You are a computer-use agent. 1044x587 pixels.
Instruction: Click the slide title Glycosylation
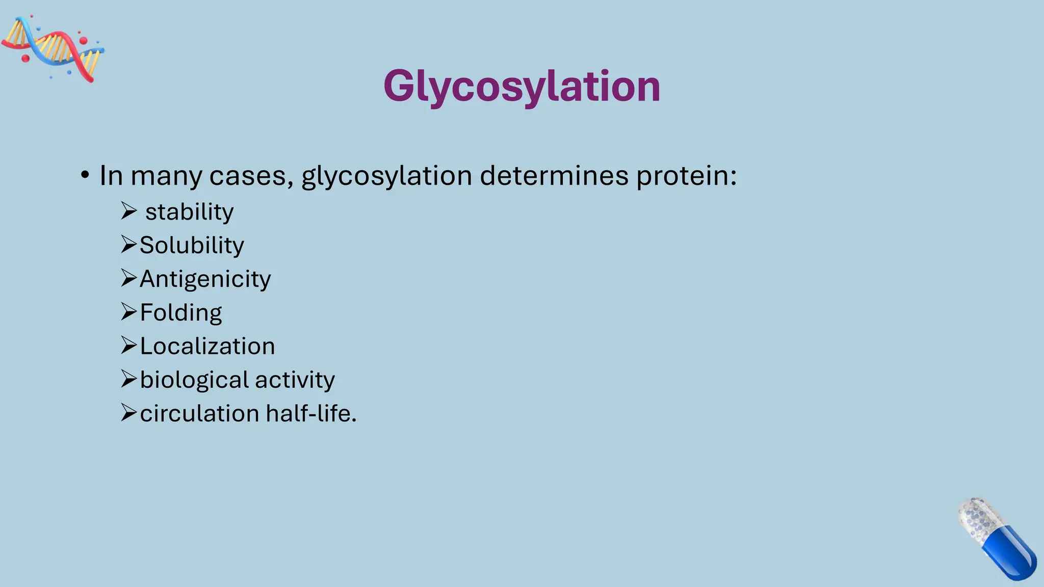521,87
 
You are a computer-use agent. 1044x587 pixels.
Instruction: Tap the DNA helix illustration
53,49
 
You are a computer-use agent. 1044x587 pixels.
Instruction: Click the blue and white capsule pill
997,539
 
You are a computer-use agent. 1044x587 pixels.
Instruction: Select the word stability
189,212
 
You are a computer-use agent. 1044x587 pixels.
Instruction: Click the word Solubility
192,246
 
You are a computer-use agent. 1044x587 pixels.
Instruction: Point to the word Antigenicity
205,279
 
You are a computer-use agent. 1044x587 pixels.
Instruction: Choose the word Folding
180,313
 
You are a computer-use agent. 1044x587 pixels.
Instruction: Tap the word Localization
207,346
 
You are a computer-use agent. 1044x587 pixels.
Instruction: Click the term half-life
310,414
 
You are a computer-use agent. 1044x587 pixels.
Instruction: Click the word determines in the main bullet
554,176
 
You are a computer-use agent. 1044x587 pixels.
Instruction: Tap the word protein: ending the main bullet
686,177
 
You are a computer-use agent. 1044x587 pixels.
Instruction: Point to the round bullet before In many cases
85,176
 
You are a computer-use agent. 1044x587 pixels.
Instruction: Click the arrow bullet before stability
128,210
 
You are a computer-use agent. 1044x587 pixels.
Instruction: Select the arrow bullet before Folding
128,311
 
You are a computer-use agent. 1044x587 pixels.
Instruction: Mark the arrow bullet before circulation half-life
128,412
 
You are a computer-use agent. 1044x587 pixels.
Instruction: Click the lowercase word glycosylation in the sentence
386,177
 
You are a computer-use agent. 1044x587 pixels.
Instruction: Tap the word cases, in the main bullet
251,177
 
